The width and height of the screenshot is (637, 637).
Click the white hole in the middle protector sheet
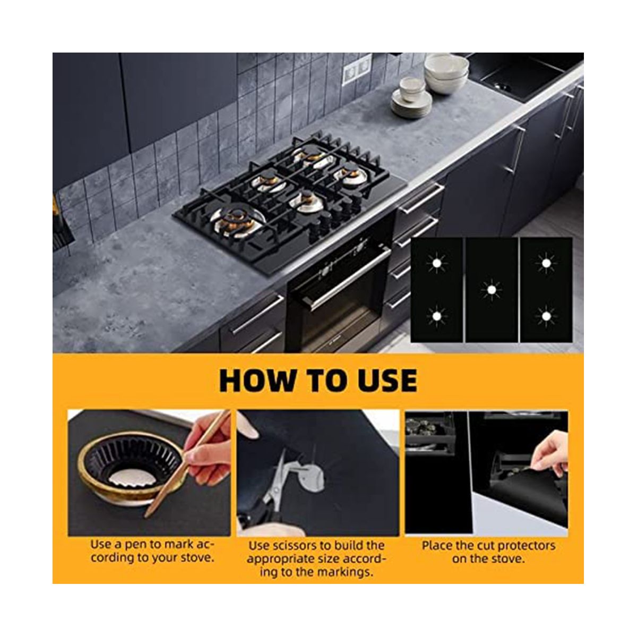(491, 290)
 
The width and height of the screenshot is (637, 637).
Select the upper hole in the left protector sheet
(437, 263)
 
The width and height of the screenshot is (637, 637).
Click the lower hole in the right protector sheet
(546, 317)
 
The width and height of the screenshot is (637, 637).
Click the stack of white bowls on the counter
(446, 73)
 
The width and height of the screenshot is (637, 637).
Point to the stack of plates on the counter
(411, 104)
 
